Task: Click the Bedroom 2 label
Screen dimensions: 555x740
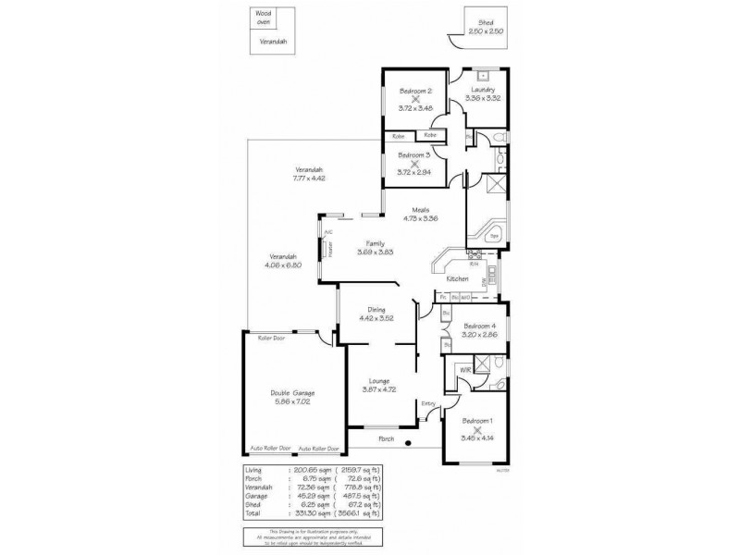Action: tap(415, 91)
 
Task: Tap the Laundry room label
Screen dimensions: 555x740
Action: tap(482, 90)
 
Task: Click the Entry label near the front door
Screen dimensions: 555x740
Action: tap(428, 403)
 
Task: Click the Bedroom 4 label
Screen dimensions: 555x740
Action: tap(480, 326)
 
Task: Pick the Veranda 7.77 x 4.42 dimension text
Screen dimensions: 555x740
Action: tap(309, 178)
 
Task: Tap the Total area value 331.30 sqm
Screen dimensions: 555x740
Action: tap(308, 512)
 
